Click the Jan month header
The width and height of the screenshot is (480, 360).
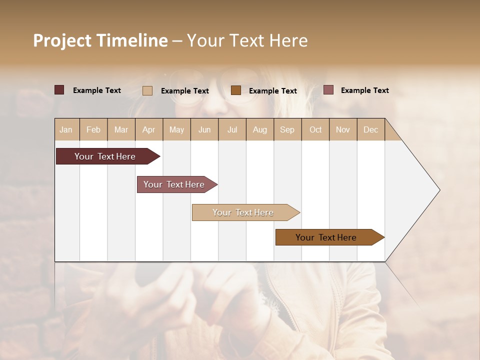click(x=66, y=129)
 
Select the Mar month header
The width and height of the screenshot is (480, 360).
click(x=121, y=129)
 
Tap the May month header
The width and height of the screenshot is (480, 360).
click(x=176, y=129)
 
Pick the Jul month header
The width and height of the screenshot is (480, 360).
click(x=232, y=129)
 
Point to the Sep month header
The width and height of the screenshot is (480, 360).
click(x=287, y=129)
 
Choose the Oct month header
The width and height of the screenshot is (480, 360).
click(x=315, y=129)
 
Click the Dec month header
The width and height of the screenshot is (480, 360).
click(x=370, y=129)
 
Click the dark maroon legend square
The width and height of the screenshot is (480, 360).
click(x=59, y=90)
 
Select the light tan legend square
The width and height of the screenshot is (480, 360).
click(x=147, y=90)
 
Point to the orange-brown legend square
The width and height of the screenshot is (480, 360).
click(x=236, y=90)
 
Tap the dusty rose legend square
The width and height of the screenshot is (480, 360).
click(x=328, y=90)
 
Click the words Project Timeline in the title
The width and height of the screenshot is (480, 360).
click(x=100, y=40)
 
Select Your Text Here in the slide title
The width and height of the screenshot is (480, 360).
click(x=247, y=40)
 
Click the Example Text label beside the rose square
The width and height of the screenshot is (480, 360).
click(x=364, y=90)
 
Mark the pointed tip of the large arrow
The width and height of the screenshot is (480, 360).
click(x=438, y=190)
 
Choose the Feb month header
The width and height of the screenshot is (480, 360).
click(x=93, y=129)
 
